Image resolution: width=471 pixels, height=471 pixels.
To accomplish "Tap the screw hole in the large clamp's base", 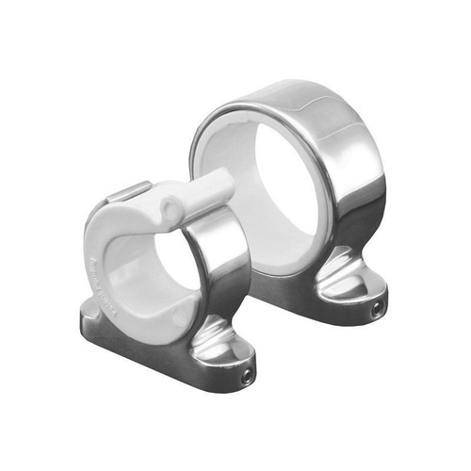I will tap(378, 307).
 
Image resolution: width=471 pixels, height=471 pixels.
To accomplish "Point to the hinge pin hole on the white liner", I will tap(169, 203).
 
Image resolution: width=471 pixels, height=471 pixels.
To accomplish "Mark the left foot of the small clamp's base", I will tap(94, 316).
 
